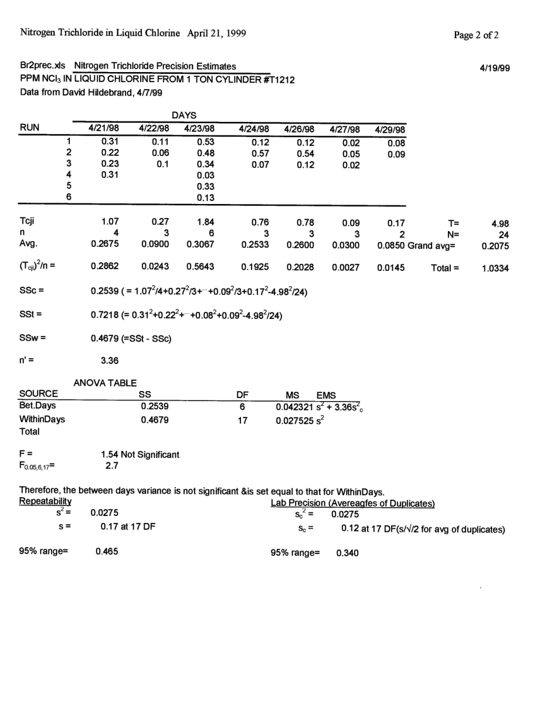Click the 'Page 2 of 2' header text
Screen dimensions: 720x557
pyautogui.click(x=476, y=35)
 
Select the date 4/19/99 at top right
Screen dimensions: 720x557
pyautogui.click(x=494, y=68)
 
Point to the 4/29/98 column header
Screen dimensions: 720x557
pyautogui.click(x=389, y=130)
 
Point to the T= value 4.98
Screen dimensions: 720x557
pyautogui.click(x=500, y=223)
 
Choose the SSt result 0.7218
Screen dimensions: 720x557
pyautogui.click(x=104, y=315)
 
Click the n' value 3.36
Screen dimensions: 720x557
pyautogui.click(x=110, y=361)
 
